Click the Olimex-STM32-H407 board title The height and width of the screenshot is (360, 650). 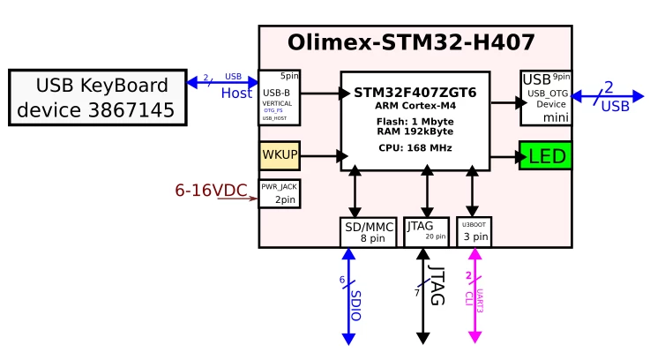[411, 42]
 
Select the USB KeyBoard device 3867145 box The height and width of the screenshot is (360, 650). [97, 98]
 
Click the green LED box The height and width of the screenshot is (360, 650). [545, 157]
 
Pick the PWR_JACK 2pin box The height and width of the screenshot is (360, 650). [280, 194]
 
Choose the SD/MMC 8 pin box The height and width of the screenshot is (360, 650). [368, 232]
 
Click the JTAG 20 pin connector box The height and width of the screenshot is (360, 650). [426, 231]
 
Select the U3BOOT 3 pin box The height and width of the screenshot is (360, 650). [474, 231]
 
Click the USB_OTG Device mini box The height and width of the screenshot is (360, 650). [545, 98]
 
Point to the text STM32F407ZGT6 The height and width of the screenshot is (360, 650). [415, 93]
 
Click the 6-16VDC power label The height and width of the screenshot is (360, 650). [211, 190]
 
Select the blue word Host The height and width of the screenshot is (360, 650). [236, 93]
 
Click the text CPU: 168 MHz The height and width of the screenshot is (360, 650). [415, 147]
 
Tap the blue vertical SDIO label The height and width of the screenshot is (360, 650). [355, 304]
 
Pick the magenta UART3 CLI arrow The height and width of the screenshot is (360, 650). [475, 296]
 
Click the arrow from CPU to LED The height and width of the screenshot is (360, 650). [504, 157]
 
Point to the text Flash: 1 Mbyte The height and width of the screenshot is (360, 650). [415, 122]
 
